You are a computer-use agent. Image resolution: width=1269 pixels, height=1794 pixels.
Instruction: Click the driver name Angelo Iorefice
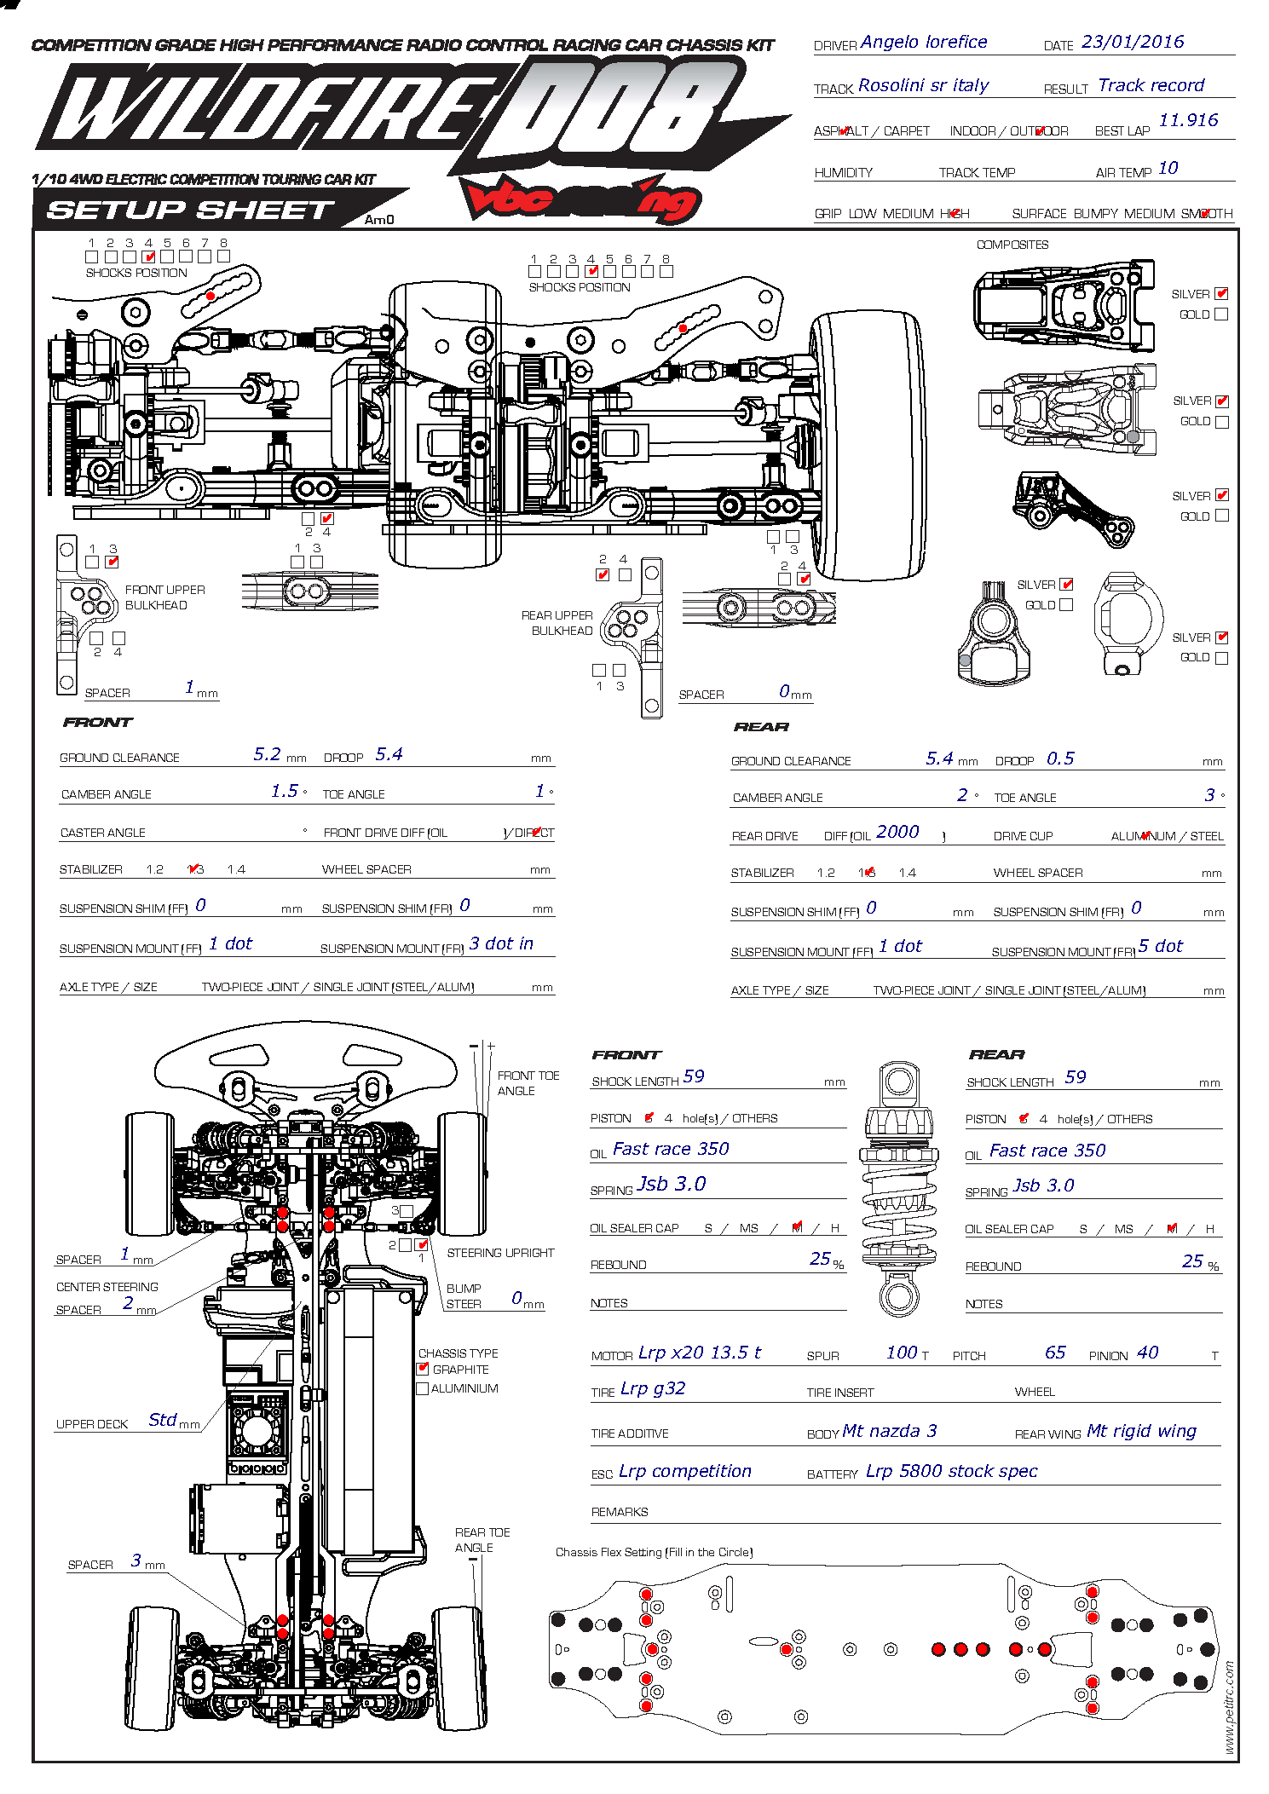924,42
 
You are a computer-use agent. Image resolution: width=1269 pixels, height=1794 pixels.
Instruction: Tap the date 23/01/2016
1133,42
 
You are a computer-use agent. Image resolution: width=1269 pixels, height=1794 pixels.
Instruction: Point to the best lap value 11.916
1188,120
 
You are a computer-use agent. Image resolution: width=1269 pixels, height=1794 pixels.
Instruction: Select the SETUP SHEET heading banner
190,210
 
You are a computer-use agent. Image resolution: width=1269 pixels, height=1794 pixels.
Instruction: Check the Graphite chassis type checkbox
423,1369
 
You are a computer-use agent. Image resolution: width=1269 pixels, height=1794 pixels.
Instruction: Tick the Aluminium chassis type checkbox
422,1388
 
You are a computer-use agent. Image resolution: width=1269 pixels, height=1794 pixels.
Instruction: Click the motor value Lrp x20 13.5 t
699,1353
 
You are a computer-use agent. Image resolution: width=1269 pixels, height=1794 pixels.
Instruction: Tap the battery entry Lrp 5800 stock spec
951,1471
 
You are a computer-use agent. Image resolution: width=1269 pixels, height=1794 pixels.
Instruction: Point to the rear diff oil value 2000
897,832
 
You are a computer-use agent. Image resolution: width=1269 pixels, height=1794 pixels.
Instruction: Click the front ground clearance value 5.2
267,754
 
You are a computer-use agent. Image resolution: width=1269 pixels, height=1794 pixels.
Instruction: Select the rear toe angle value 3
1209,795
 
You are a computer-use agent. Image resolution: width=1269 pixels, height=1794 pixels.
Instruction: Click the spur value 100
902,1353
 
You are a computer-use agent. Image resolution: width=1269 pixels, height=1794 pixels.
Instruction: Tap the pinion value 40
1147,1353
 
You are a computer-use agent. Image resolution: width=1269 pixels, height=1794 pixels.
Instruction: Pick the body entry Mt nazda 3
889,1431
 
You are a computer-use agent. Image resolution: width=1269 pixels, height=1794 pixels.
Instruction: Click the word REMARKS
620,1512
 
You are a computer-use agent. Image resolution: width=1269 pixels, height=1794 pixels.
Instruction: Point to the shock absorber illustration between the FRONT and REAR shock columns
899,1189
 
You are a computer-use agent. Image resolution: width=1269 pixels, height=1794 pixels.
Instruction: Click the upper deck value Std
162,1420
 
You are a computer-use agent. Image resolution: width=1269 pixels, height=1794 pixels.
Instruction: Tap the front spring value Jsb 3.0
672,1184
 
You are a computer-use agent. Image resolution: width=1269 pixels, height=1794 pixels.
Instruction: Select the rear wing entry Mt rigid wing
1141,1431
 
